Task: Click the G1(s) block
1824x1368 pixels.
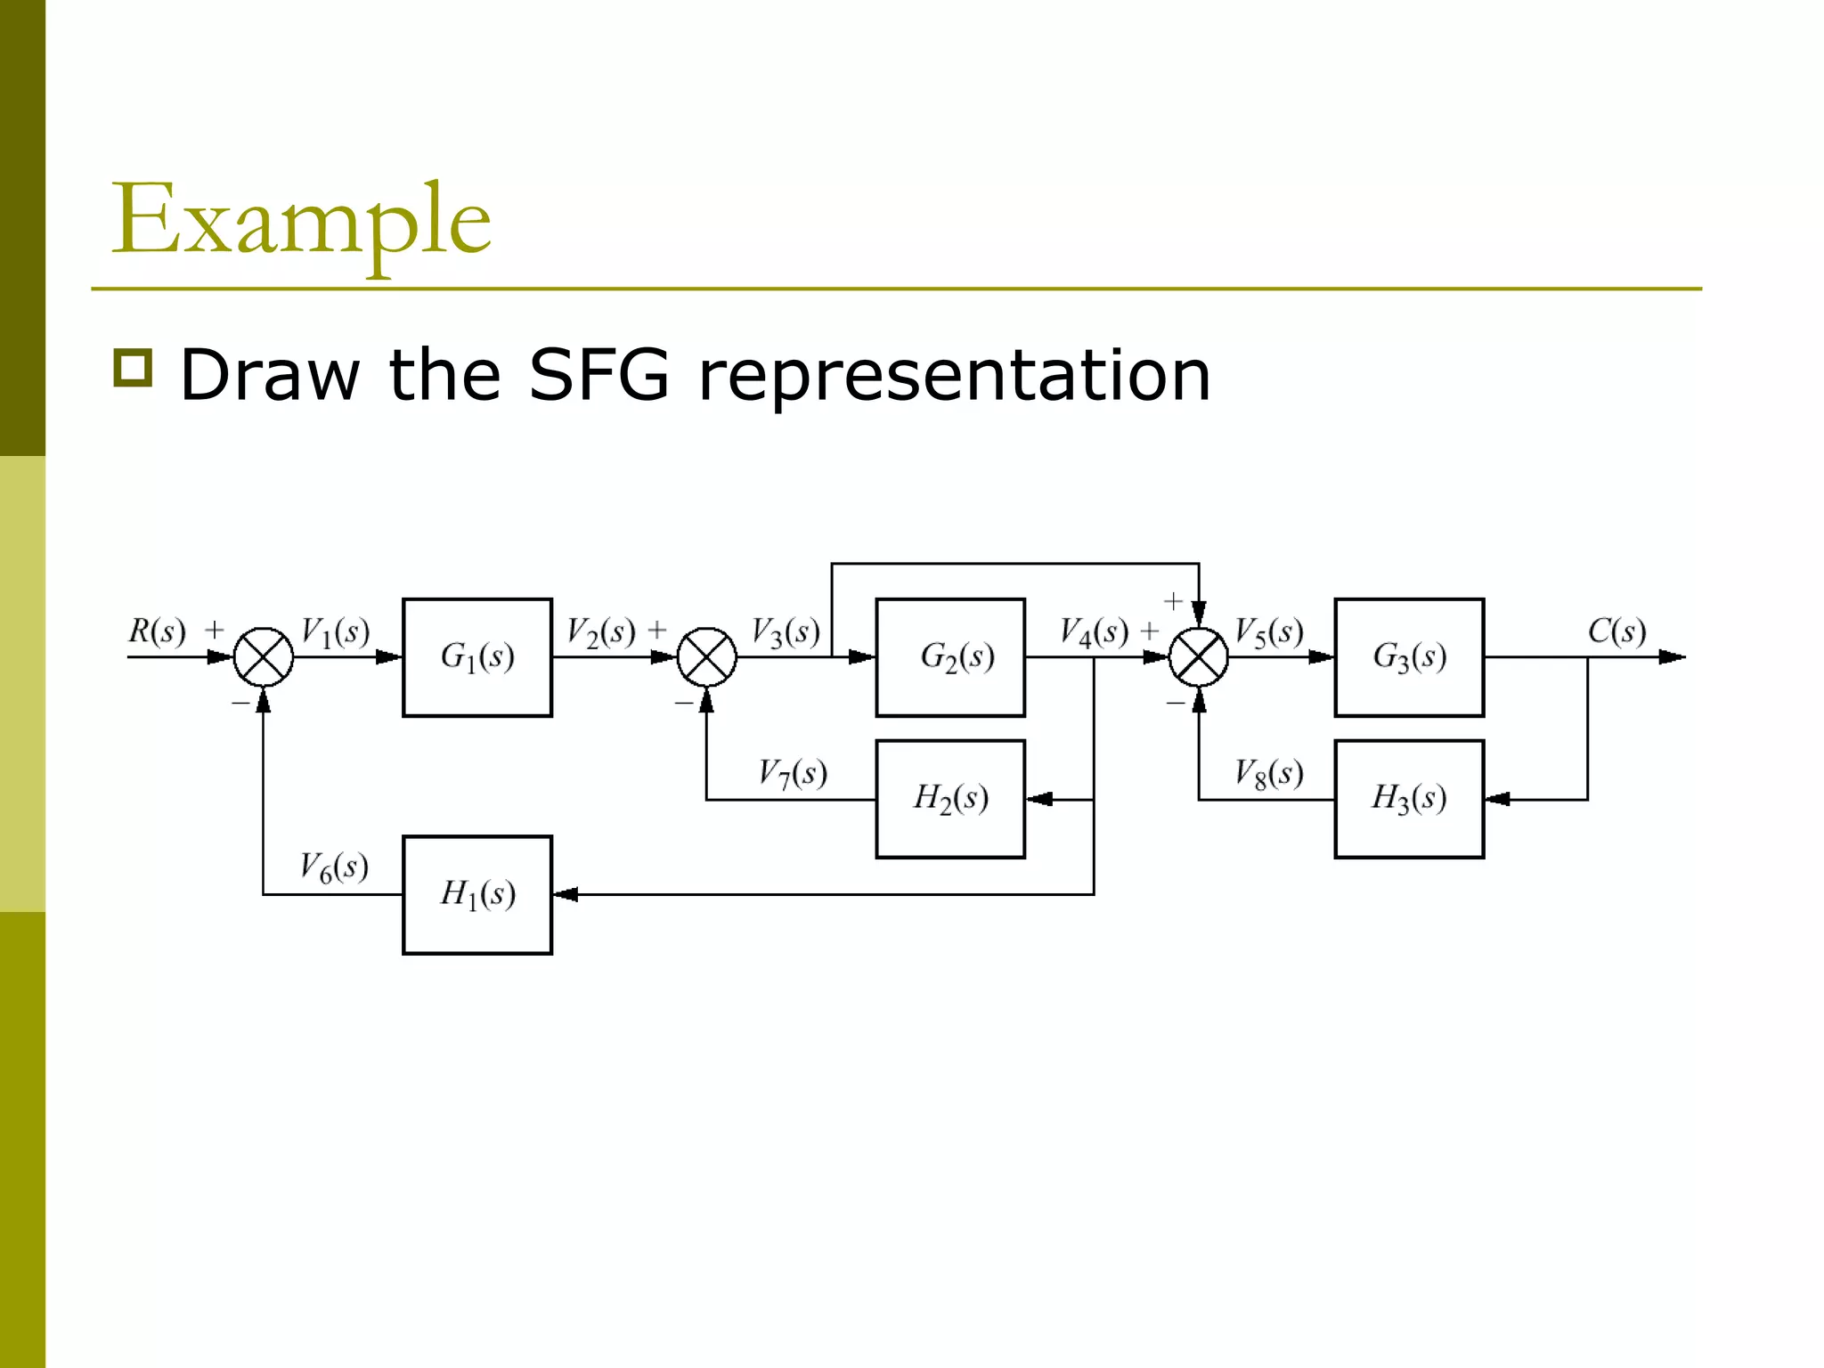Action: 476,657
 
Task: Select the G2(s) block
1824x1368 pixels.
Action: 950,657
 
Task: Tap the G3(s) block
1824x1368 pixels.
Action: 1409,657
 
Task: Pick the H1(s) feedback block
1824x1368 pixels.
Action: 476,894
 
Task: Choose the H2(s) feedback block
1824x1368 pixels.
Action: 950,799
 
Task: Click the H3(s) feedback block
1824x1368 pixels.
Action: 1409,799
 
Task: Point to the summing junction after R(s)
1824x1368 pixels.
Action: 264,657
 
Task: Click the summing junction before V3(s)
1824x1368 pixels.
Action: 706,657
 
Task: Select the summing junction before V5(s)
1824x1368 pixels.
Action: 1198,657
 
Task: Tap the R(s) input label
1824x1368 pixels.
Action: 157,631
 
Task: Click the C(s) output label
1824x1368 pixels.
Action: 1616,631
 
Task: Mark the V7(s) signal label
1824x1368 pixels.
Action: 793,773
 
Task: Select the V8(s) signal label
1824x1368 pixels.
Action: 1269,773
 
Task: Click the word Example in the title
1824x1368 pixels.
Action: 301,220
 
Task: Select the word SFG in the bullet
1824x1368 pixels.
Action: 598,375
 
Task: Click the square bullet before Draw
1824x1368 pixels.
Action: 134,367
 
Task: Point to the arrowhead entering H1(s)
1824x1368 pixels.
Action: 566,894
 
